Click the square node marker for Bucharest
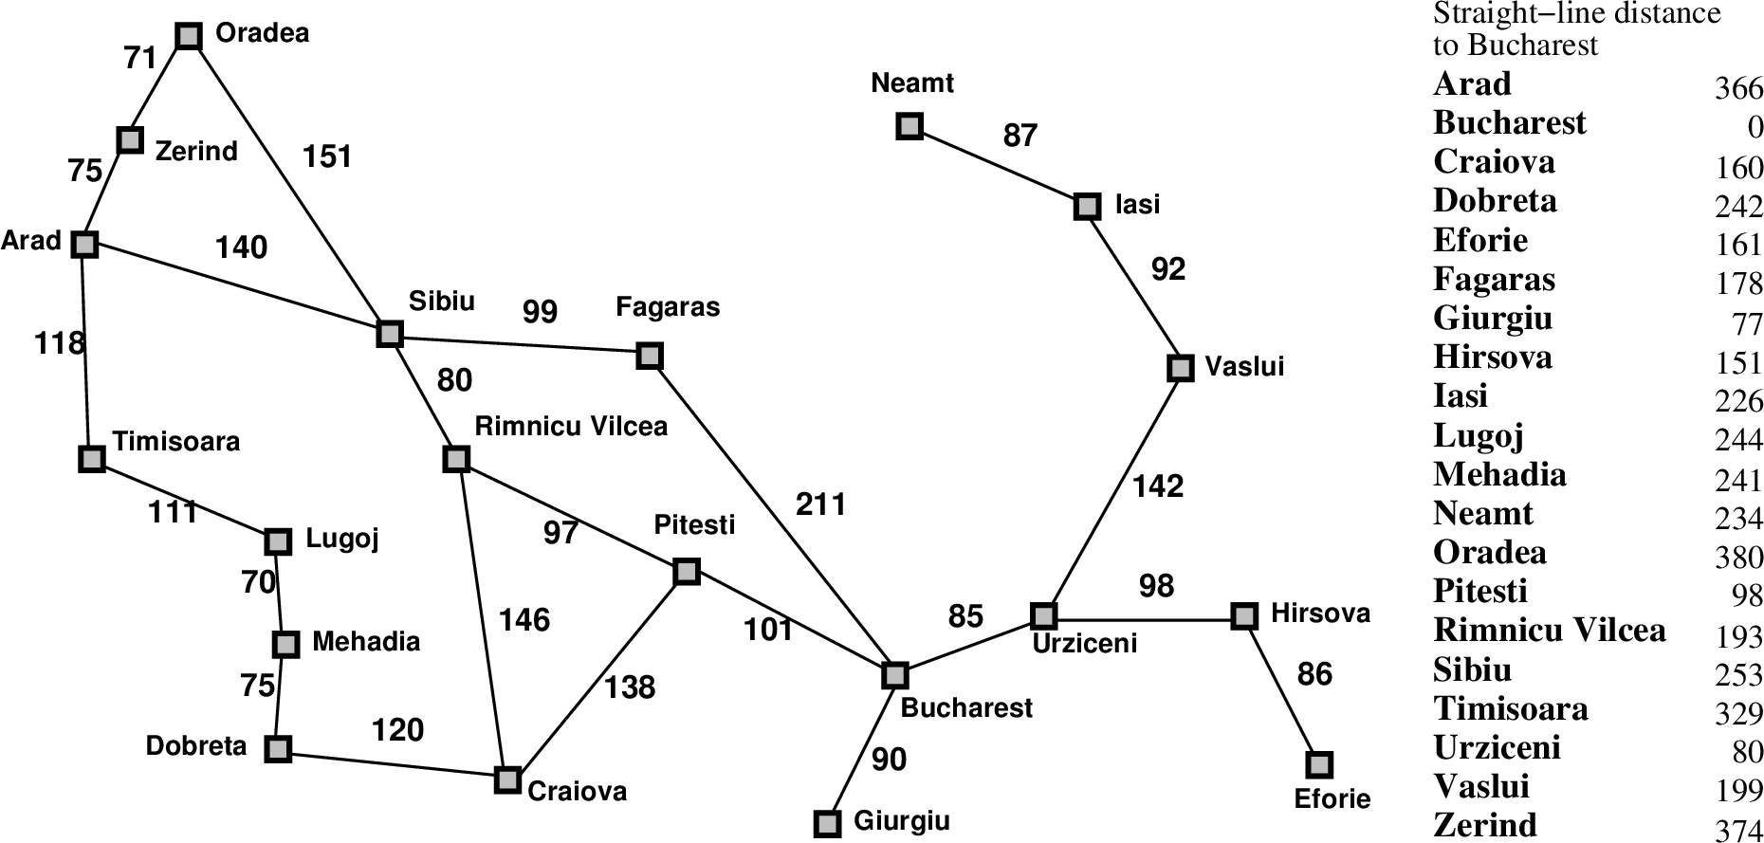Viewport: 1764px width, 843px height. click(894, 675)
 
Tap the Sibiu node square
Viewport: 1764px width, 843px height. click(390, 334)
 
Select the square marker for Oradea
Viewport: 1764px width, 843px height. click(190, 36)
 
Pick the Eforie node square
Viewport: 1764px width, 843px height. click(1318, 764)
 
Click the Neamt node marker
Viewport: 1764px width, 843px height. click(910, 126)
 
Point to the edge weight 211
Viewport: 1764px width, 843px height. click(821, 504)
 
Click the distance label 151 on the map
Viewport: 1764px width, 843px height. click(327, 156)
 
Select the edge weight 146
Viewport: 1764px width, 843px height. click(524, 620)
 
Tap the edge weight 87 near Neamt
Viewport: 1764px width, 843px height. click(1020, 136)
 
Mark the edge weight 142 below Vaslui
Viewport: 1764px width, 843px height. click(1158, 486)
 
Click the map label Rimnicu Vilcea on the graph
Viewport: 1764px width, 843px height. click(571, 427)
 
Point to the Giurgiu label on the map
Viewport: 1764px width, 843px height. click(901, 820)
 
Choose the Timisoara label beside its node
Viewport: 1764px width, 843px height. click(176, 442)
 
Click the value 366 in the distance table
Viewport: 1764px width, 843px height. click(1738, 89)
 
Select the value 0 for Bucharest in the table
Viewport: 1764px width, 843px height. click(1755, 128)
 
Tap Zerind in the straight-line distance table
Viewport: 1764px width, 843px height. click(1484, 825)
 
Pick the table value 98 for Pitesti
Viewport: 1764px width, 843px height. click(1747, 596)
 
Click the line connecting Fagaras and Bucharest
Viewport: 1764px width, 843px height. click(772, 516)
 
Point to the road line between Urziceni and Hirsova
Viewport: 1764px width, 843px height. click(1144, 616)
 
